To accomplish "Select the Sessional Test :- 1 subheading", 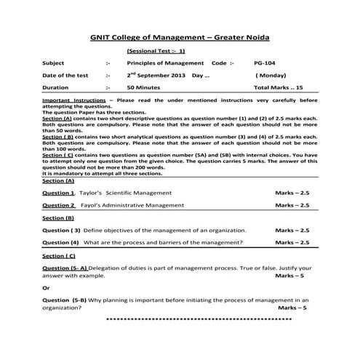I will click(x=156, y=51).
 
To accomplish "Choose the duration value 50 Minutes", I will click(x=144, y=87).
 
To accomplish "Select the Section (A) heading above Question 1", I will click(x=57, y=182).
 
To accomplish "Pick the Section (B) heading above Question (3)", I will click(x=57, y=217).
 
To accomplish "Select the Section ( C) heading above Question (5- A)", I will click(x=59, y=256).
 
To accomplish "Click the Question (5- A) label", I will click(x=65, y=268).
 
